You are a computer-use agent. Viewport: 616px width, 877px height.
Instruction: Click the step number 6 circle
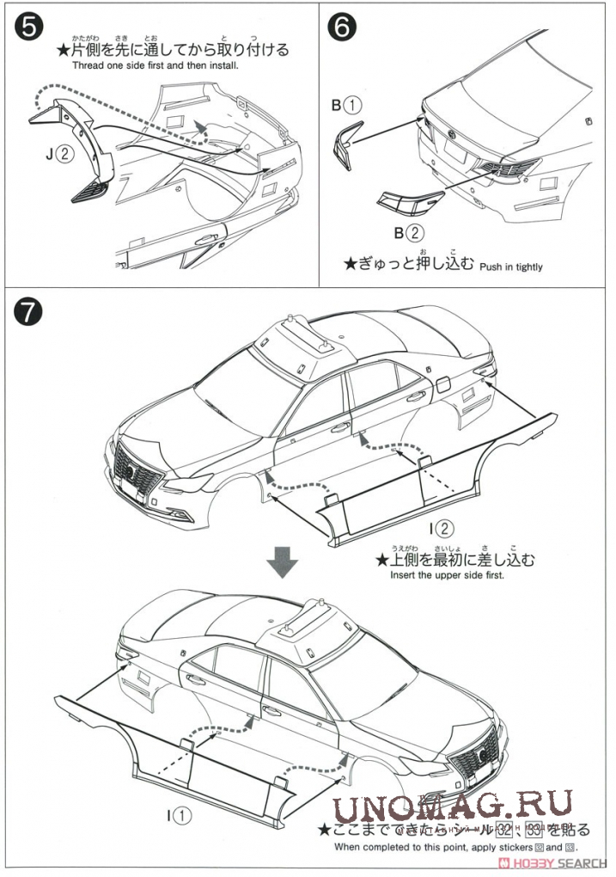click(x=342, y=28)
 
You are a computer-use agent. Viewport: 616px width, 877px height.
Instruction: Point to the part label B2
click(x=409, y=232)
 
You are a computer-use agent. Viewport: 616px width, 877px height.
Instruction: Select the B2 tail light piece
click(x=409, y=205)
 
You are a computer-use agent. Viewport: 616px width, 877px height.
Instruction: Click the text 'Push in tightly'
click(x=510, y=267)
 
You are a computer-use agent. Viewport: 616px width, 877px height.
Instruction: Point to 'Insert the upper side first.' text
click(x=447, y=574)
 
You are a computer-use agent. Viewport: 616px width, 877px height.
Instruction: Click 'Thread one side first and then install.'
click(x=155, y=65)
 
